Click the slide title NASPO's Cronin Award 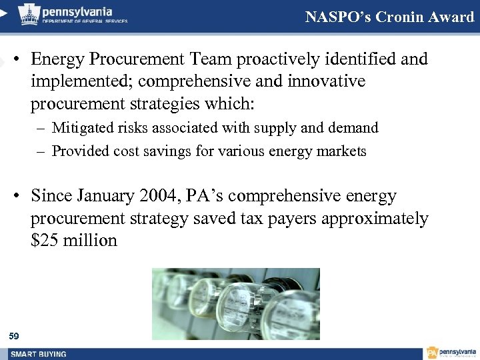[x=389, y=17]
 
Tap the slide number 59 [x=15, y=335]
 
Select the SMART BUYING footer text [x=38, y=353]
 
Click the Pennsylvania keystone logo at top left [x=27, y=13]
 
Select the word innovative [x=323, y=81]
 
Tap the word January [x=105, y=197]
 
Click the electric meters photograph [x=235, y=303]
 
